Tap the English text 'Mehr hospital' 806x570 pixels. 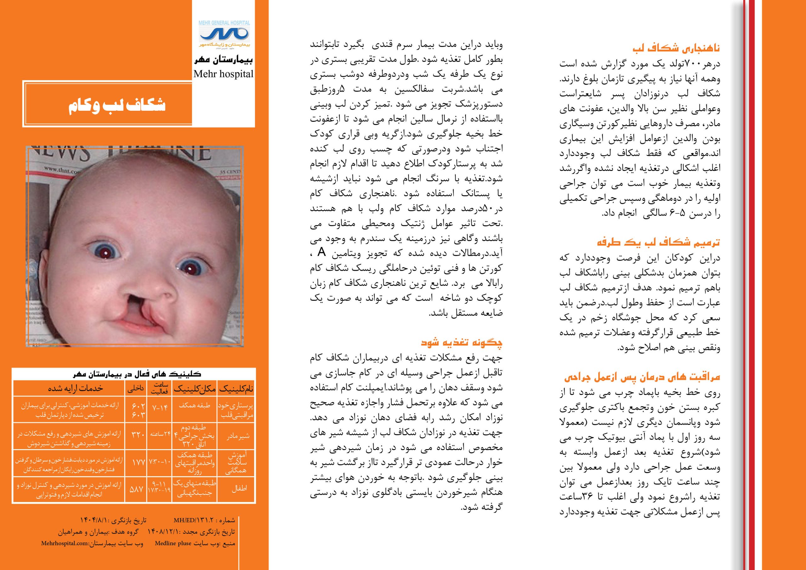coord(223,74)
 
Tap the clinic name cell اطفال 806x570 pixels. coord(239,488)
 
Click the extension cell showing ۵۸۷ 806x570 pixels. coord(136,488)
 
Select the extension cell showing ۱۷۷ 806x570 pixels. coord(136,463)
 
